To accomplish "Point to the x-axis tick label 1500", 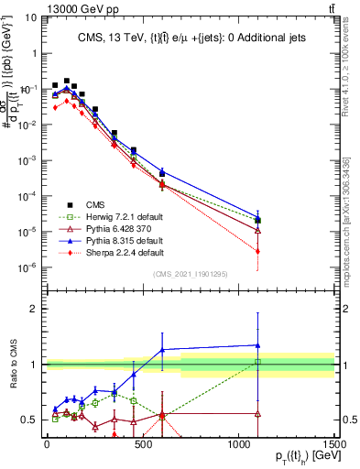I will click(334, 444).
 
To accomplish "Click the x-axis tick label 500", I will click(142, 444).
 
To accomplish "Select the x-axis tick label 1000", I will click(238, 444).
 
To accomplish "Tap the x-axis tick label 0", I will click(47, 444).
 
